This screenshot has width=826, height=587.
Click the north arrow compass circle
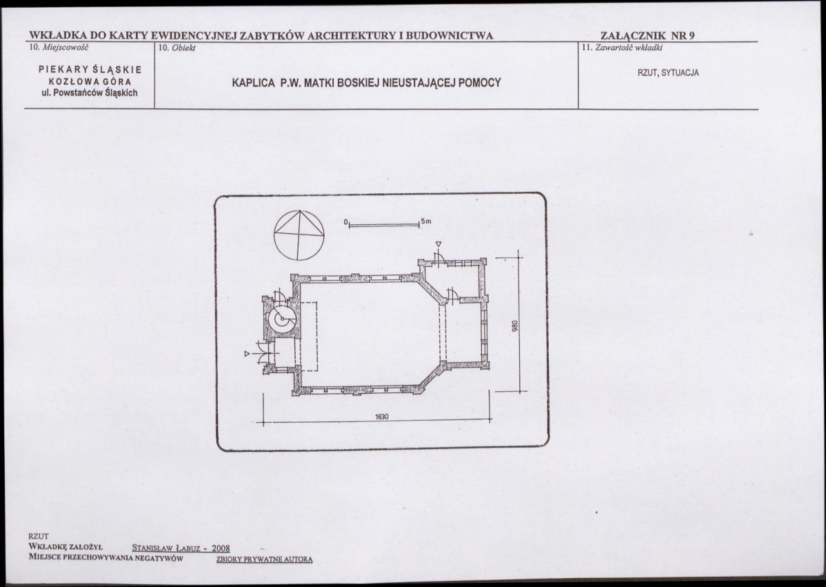click(274, 235)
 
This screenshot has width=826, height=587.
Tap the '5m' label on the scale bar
click(426, 221)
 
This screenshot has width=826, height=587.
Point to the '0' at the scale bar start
click(345, 222)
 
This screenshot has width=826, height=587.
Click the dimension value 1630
click(382, 416)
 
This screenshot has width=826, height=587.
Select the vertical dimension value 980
click(515, 327)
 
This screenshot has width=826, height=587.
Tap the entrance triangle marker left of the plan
click(247, 354)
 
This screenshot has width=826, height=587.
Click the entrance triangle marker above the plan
click(439, 244)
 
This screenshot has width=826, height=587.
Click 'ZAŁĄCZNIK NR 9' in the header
click(647, 35)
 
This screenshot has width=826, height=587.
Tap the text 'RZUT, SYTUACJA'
click(668, 72)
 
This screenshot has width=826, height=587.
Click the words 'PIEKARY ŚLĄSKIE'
click(90, 69)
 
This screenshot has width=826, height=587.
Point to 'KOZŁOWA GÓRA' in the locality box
click(90, 81)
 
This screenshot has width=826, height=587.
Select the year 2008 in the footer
click(221, 548)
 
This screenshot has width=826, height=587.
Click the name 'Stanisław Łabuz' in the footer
click(166, 548)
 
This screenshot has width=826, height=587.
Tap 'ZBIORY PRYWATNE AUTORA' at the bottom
click(265, 559)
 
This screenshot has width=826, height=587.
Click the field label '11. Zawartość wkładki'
click(622, 48)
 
